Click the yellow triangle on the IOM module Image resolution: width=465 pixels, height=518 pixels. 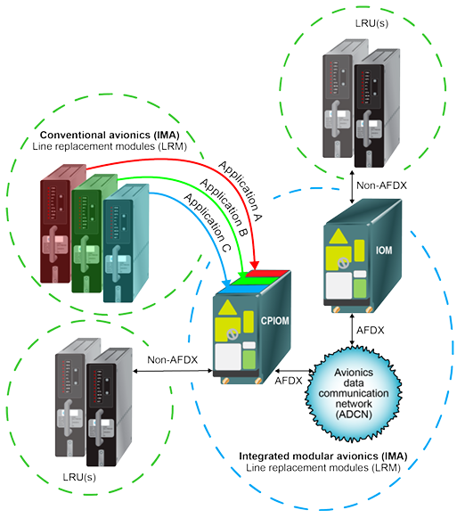pos(340,234)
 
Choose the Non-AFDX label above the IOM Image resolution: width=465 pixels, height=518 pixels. pos(376,186)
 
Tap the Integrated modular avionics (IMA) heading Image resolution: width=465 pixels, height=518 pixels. pos(323,456)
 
